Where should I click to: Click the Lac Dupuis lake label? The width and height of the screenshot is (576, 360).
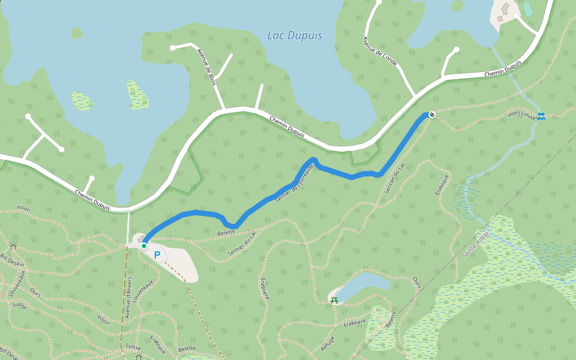[x=294, y=36]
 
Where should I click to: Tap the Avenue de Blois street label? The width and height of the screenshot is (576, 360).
[x=206, y=67]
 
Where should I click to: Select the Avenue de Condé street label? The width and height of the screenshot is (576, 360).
[x=380, y=51]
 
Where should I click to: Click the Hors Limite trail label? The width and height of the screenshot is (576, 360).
[x=520, y=114]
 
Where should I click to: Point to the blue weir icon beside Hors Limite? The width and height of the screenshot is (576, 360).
[x=541, y=116]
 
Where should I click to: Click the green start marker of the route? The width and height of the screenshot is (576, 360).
[x=144, y=245]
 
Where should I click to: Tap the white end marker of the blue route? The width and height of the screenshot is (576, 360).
[x=431, y=115]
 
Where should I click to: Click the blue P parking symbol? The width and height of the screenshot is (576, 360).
[x=157, y=255]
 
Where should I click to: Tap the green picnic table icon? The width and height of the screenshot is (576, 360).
[x=334, y=299]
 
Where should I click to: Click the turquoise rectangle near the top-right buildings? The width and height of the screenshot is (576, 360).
[x=527, y=9]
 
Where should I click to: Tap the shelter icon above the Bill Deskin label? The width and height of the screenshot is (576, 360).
[x=13, y=247]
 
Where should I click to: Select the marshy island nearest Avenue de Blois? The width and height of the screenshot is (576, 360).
[x=137, y=94]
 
